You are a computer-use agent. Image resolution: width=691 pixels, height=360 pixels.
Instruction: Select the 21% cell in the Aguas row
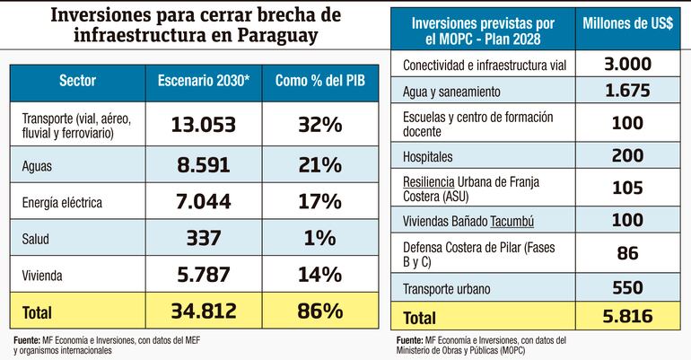coord(319,164)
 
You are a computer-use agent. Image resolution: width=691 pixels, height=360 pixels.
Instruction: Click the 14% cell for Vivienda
coord(319,273)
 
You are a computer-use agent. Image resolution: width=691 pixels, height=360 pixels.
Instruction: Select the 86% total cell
coord(319,311)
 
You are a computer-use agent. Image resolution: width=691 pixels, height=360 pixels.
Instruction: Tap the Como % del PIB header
coord(319,81)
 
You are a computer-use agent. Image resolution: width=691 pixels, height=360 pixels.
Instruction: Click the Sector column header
coord(77,81)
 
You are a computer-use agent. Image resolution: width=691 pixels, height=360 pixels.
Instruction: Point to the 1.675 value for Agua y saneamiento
coord(628,92)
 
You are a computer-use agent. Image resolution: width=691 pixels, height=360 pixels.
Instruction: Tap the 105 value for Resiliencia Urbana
coord(628,188)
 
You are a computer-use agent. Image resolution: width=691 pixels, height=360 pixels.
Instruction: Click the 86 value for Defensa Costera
coord(628,253)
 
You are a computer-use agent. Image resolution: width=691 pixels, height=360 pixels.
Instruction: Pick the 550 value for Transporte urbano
coord(628,287)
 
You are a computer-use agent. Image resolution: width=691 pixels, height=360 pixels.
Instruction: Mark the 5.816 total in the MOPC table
coord(628,316)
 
